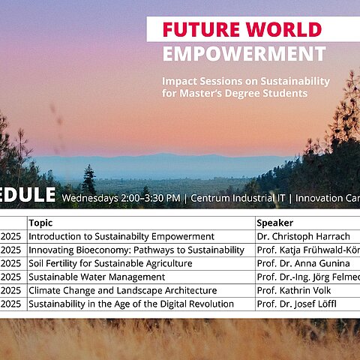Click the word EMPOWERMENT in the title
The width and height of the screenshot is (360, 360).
click(x=244, y=54)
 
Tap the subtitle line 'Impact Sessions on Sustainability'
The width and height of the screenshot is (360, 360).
click(x=246, y=81)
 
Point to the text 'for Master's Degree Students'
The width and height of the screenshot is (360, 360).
click(x=235, y=94)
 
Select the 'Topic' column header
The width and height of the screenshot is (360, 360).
click(x=41, y=223)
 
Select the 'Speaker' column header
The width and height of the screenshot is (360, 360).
click(x=274, y=223)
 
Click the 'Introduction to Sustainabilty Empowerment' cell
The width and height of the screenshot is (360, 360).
click(x=121, y=236)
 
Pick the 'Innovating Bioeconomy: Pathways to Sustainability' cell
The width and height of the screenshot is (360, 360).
click(x=136, y=250)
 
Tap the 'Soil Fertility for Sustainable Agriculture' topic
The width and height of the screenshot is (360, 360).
click(x=110, y=263)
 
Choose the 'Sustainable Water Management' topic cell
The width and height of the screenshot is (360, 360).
click(x=97, y=277)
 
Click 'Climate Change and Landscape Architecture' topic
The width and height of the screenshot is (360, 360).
click(x=122, y=290)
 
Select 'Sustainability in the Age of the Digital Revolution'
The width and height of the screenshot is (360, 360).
click(x=131, y=304)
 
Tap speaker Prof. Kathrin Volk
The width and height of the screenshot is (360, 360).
click(x=292, y=290)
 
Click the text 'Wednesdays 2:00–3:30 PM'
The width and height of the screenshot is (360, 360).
click(x=121, y=198)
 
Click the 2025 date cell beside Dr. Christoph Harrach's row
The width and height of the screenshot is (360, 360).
click(x=11, y=236)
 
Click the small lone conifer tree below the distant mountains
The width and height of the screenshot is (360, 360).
click(x=89, y=180)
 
